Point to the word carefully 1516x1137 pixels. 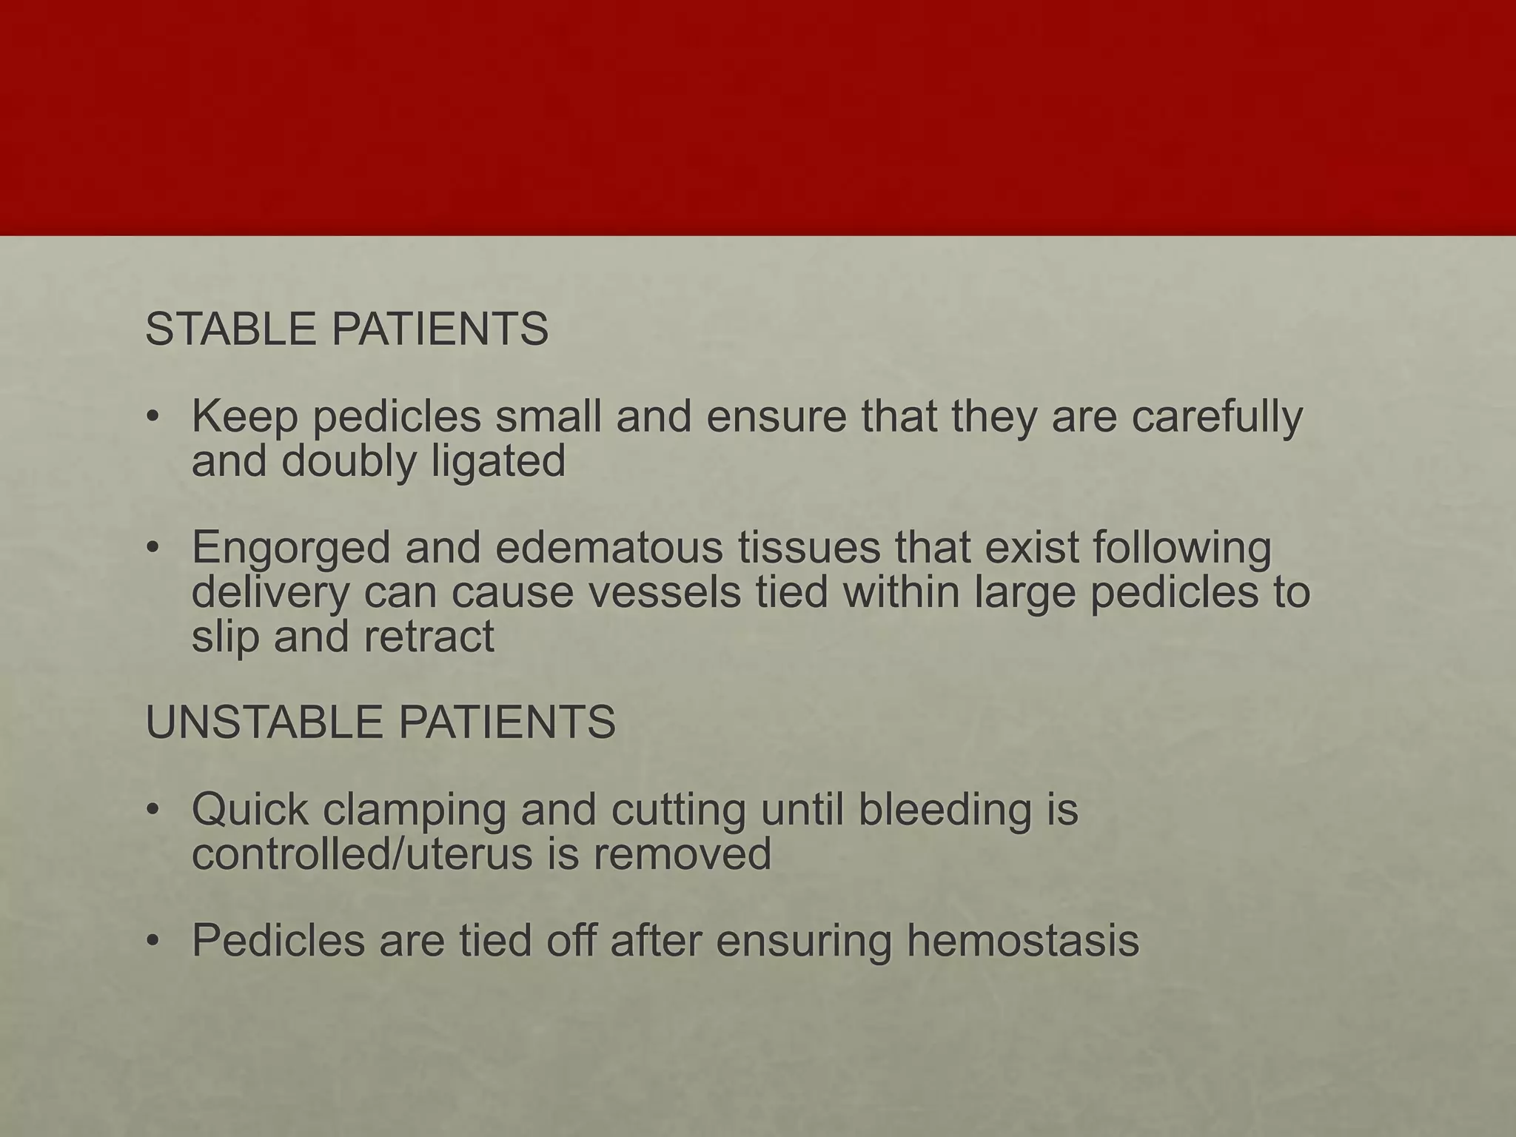tap(1217, 417)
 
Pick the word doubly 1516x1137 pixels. tap(349, 462)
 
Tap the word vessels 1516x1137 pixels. tap(657, 592)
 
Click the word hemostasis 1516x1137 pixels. tap(1022, 941)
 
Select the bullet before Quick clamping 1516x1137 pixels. tap(153, 811)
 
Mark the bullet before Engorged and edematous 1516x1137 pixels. tap(153, 549)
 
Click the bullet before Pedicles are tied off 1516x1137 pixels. tap(153, 942)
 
